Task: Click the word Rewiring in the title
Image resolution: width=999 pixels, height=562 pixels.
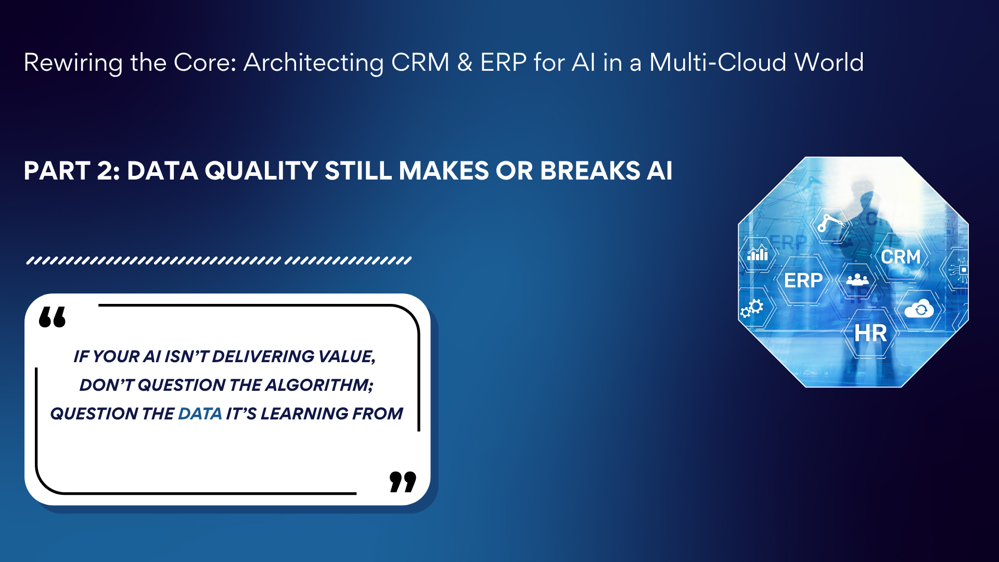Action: pos(73,63)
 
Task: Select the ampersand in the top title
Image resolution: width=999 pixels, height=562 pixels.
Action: pos(465,63)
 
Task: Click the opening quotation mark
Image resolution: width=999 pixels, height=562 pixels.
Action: pos(53,317)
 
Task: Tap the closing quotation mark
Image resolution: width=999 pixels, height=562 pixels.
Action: pos(403,482)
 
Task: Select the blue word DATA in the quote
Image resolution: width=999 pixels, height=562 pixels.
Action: pos(200,414)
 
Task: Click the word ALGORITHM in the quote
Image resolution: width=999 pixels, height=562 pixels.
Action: pos(319,385)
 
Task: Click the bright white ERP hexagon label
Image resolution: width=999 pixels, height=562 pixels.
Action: pos(803,280)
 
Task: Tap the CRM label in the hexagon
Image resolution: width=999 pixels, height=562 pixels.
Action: pos(901,257)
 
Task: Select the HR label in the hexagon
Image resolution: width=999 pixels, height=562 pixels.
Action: pos(870,334)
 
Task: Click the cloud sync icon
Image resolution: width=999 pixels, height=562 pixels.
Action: pos(919,309)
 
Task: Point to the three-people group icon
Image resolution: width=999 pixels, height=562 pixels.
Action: pos(857,280)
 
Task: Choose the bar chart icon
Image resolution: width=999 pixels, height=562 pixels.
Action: pos(758,253)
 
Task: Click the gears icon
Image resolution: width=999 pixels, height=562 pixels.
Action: pos(752,308)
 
